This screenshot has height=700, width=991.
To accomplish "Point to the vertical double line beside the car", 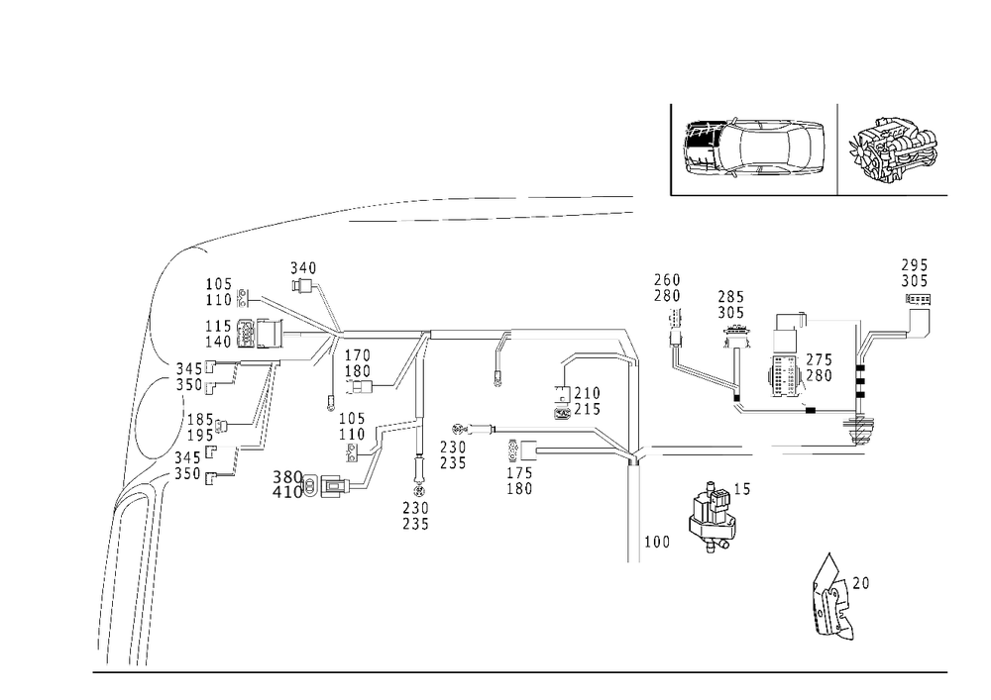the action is (673, 149).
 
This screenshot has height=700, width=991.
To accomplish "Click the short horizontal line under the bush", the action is (928, 197).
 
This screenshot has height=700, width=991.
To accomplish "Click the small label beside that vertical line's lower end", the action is (658, 542).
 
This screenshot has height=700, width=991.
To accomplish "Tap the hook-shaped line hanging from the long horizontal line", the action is (498, 358).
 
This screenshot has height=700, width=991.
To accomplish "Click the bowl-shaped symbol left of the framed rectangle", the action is (734, 335).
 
